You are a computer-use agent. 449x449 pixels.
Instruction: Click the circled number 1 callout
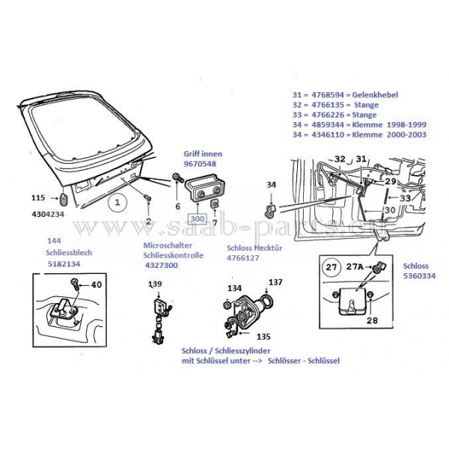tap(117, 203)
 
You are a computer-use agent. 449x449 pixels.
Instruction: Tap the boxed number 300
tap(197, 219)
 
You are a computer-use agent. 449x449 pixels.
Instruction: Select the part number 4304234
tap(48, 214)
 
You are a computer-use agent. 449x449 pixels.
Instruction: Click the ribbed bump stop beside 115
tap(64, 198)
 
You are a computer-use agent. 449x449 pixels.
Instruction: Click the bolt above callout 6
tap(178, 178)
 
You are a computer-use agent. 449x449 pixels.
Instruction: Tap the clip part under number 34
tap(269, 210)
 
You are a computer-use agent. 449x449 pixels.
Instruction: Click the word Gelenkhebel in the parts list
tap(375, 95)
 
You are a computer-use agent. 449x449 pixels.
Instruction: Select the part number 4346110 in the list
tap(328, 135)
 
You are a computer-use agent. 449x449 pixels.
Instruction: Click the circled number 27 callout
tap(332, 267)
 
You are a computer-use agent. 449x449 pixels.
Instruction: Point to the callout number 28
tap(372, 320)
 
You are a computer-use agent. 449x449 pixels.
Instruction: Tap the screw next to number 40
tap(75, 284)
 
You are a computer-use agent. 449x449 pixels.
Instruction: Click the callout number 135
tap(263, 337)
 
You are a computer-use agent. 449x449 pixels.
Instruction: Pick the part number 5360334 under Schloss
tap(419, 275)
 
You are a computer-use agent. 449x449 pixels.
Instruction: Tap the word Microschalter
tap(168, 245)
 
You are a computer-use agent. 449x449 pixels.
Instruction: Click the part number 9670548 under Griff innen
tap(200, 164)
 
